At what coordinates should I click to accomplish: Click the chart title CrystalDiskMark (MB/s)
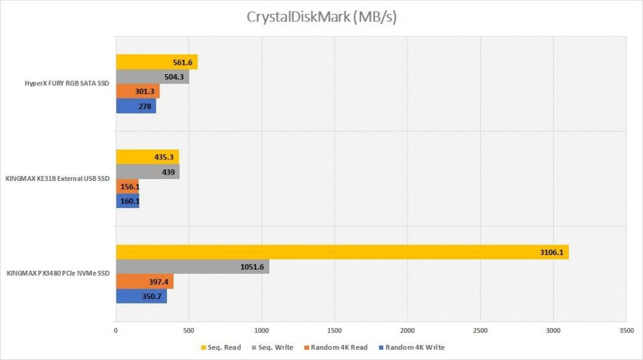[x=321, y=18]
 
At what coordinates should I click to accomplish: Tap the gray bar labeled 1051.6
[x=192, y=266]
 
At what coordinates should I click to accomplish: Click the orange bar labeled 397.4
[x=144, y=281]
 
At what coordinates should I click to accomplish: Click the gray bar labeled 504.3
[x=152, y=77]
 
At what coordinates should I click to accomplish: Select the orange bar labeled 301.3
[x=138, y=92]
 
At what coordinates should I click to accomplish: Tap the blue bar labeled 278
[x=136, y=106]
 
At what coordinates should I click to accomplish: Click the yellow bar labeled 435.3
[x=147, y=157]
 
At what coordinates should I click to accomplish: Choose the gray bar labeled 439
[x=148, y=172]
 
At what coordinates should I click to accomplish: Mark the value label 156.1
[x=127, y=187]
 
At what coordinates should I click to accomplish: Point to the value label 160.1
[x=127, y=202]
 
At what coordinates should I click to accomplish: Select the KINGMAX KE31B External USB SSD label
[x=58, y=179]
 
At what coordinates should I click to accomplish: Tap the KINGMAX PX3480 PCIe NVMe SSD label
[x=58, y=274]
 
